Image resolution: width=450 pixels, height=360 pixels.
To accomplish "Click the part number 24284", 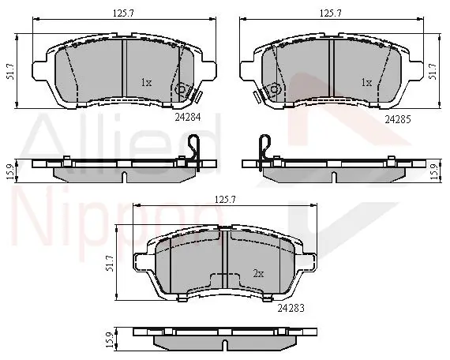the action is click(x=188, y=117).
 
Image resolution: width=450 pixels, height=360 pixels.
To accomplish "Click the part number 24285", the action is click(x=398, y=119).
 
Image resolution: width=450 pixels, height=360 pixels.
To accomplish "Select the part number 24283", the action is click(x=291, y=309).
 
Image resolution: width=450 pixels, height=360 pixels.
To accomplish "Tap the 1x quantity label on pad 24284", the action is click(x=146, y=83).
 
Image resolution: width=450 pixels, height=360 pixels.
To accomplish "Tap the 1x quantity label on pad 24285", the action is click(x=366, y=83).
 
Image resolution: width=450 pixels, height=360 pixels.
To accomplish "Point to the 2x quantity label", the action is click(x=258, y=274).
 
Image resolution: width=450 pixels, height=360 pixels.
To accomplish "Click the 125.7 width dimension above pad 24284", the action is click(x=123, y=13).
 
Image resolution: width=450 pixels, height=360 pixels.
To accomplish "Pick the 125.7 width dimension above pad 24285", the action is click(x=331, y=13).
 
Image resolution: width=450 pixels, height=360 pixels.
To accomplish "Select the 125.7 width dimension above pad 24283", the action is click(x=225, y=200).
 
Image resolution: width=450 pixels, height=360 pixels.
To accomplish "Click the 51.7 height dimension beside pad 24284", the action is click(x=10, y=72).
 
